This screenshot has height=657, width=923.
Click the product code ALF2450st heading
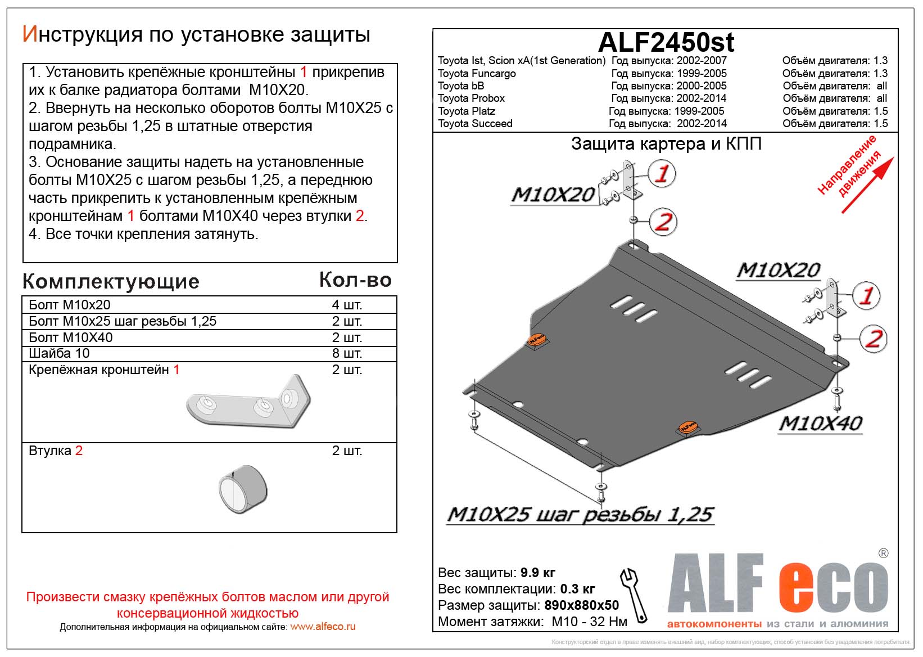(x=666, y=43)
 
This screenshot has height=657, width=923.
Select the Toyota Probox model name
(x=471, y=98)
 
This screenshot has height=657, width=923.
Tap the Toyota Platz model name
(x=466, y=111)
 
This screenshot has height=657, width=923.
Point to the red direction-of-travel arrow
(x=867, y=186)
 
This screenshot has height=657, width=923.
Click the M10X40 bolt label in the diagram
(x=820, y=424)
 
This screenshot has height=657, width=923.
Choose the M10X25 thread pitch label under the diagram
(x=580, y=515)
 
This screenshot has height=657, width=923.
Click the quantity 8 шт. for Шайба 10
(x=347, y=353)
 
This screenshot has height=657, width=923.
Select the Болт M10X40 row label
(x=71, y=337)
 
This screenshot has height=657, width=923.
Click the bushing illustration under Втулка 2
(x=243, y=489)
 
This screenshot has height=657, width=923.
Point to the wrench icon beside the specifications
(x=634, y=595)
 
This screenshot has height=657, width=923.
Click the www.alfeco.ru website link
(x=323, y=627)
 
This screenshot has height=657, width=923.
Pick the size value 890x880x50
(x=581, y=605)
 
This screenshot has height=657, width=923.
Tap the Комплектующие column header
(x=111, y=282)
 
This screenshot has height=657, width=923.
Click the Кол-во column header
(x=355, y=280)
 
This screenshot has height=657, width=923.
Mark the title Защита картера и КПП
(x=666, y=144)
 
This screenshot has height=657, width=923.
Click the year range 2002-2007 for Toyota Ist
(x=702, y=61)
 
